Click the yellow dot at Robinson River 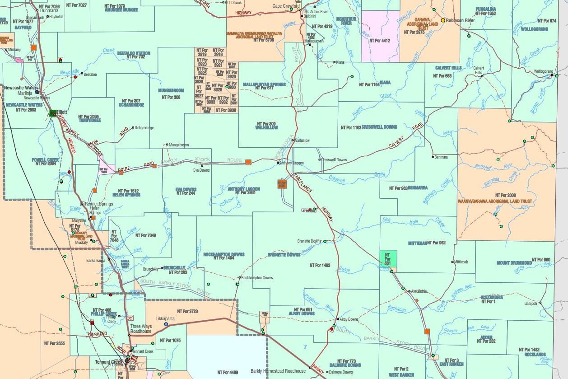tap(443, 20)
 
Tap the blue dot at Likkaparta tap(166, 324)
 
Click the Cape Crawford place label tap(286, 6)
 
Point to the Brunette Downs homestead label tap(309, 241)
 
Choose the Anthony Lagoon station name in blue tap(243, 189)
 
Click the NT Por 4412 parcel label tap(379, 41)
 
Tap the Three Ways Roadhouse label tap(141, 328)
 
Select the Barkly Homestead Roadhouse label tap(278, 371)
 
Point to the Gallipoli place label tap(531, 304)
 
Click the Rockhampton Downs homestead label tap(257, 278)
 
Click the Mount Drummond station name tap(514, 263)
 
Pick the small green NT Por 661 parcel tap(388, 259)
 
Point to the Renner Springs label tap(99, 204)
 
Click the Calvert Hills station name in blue tap(448, 68)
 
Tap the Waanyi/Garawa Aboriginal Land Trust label tap(494, 201)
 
